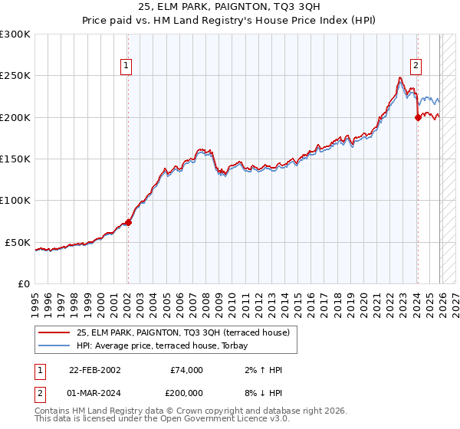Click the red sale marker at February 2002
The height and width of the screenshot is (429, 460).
pyautogui.click(x=128, y=223)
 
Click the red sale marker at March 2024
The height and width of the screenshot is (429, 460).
pyautogui.click(x=418, y=117)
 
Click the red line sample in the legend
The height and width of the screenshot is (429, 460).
pyautogui.click(x=55, y=332)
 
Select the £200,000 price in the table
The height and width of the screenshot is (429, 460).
pyautogui.click(x=187, y=391)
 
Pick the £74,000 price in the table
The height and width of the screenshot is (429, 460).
pyautogui.click(x=187, y=370)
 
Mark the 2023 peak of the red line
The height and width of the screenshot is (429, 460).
pyautogui.click(x=400, y=77)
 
